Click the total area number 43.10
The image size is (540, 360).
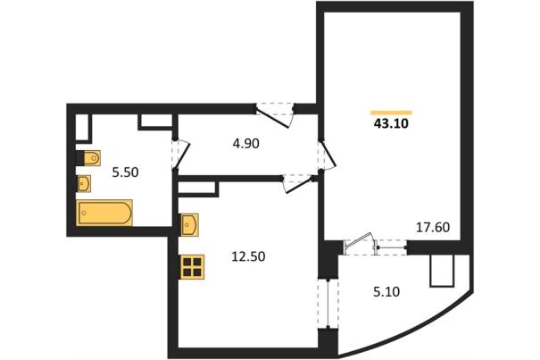tap(391, 123)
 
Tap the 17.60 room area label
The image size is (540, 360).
tap(433, 228)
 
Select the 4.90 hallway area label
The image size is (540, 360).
tap(245, 144)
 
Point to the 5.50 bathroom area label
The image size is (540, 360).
tap(125, 172)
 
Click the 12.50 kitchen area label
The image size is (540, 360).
tap(248, 256)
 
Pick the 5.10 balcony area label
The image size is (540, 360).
tap(386, 292)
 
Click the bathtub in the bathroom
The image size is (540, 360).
tap(104, 213)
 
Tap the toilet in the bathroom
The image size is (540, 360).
tap(89, 158)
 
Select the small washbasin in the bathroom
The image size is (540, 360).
tap(84, 183)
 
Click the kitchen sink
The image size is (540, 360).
tap(189, 225)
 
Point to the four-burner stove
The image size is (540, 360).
tap(192, 267)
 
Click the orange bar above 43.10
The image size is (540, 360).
tap(391, 113)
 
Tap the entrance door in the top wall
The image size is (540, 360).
tap(275, 115)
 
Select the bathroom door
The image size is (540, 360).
tap(180, 155)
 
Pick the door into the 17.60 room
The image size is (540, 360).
tap(327, 155)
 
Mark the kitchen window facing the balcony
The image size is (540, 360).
tap(328, 304)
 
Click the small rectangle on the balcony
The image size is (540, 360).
tap(442, 271)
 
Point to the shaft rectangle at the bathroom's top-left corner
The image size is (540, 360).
tap(83, 127)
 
